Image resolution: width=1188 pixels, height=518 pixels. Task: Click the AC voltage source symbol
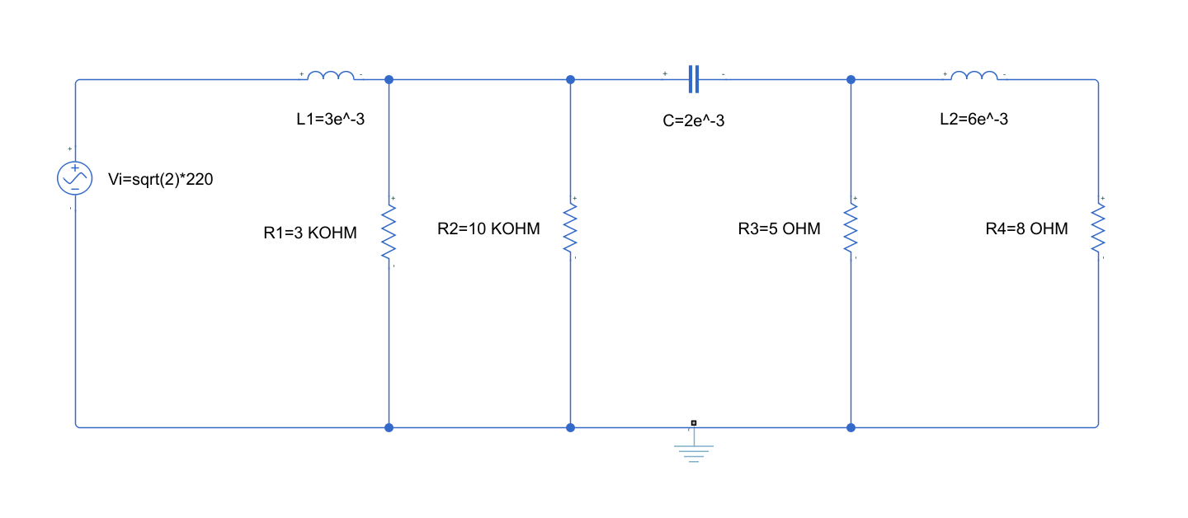tap(74, 178)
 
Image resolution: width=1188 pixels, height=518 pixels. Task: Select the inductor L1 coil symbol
tap(331, 77)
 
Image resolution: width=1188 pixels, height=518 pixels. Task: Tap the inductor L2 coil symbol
tap(974, 77)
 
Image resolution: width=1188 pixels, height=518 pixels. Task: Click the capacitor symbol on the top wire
tap(694, 80)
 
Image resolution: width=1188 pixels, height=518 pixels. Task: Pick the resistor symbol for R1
tap(389, 232)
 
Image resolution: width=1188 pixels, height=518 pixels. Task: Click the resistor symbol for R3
tap(851, 228)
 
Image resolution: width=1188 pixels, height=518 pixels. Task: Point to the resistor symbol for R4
tap(1098, 228)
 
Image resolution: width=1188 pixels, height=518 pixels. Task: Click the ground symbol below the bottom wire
tap(694, 450)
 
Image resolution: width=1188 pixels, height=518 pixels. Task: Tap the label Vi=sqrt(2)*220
tap(160, 180)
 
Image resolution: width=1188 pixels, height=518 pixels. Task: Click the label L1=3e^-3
tap(330, 120)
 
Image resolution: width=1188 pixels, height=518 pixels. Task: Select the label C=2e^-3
tap(694, 121)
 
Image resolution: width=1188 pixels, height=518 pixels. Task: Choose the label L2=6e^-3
tap(973, 120)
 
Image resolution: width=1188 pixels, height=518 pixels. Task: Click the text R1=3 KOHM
tap(310, 233)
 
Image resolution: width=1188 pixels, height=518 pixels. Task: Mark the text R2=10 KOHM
tap(488, 229)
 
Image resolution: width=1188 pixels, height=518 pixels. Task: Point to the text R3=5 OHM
tap(779, 229)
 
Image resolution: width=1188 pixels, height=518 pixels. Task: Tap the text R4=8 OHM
tap(1026, 229)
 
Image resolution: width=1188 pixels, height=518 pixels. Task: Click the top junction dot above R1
tap(389, 80)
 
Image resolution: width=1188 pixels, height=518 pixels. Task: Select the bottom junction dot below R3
tap(851, 427)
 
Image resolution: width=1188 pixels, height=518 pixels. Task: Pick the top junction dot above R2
tap(570, 80)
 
